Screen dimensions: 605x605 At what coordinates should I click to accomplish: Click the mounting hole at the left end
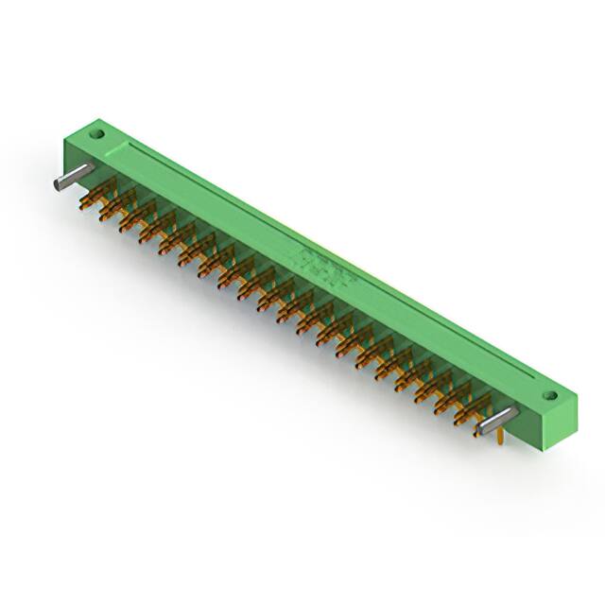pos(95,135)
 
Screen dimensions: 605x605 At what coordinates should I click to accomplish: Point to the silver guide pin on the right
pos(497,422)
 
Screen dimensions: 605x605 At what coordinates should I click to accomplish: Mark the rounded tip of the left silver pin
pos(60,183)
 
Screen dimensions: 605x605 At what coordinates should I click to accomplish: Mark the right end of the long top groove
pos(534,387)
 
